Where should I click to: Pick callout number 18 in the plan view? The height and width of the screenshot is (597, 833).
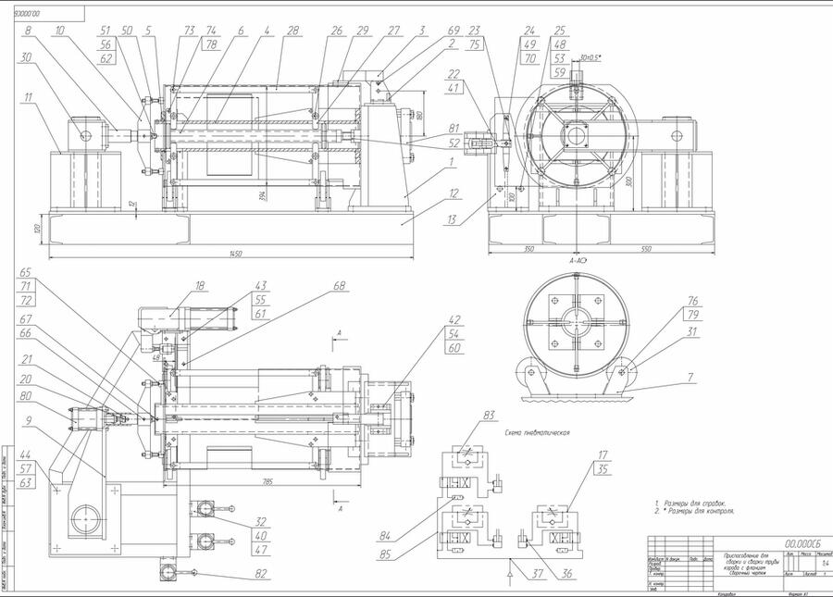200,286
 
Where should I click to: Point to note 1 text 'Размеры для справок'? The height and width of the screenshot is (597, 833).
694,503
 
